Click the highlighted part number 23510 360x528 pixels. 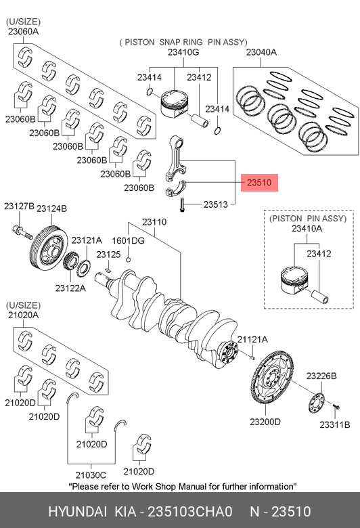pos(259,183)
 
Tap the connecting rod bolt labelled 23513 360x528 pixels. pos(182,205)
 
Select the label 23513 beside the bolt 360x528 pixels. pos(216,204)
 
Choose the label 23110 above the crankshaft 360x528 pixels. pos(154,222)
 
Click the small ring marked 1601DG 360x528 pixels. pos(128,259)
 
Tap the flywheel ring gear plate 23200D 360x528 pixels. pos(273,377)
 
